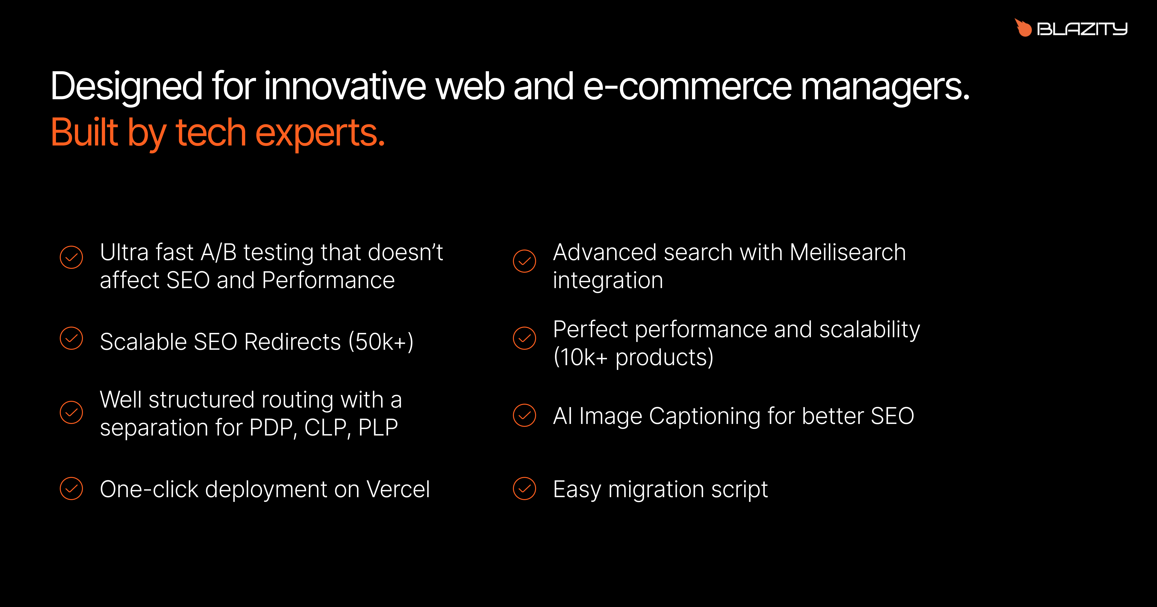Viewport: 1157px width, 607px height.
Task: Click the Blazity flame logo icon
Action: [1024, 28]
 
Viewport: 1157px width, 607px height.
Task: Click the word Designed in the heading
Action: [127, 87]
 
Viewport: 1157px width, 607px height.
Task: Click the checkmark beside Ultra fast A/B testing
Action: [71, 257]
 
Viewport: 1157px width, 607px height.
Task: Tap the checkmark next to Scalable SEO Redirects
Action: [71, 338]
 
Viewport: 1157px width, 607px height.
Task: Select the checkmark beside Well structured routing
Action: [71, 412]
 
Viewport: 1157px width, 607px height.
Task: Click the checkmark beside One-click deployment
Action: [71, 488]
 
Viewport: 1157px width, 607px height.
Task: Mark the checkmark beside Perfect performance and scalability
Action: [525, 338]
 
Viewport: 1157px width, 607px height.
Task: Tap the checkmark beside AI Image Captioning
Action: [525, 415]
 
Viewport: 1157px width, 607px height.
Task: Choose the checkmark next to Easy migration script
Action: [525, 488]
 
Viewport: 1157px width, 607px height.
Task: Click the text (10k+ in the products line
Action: [580, 357]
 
